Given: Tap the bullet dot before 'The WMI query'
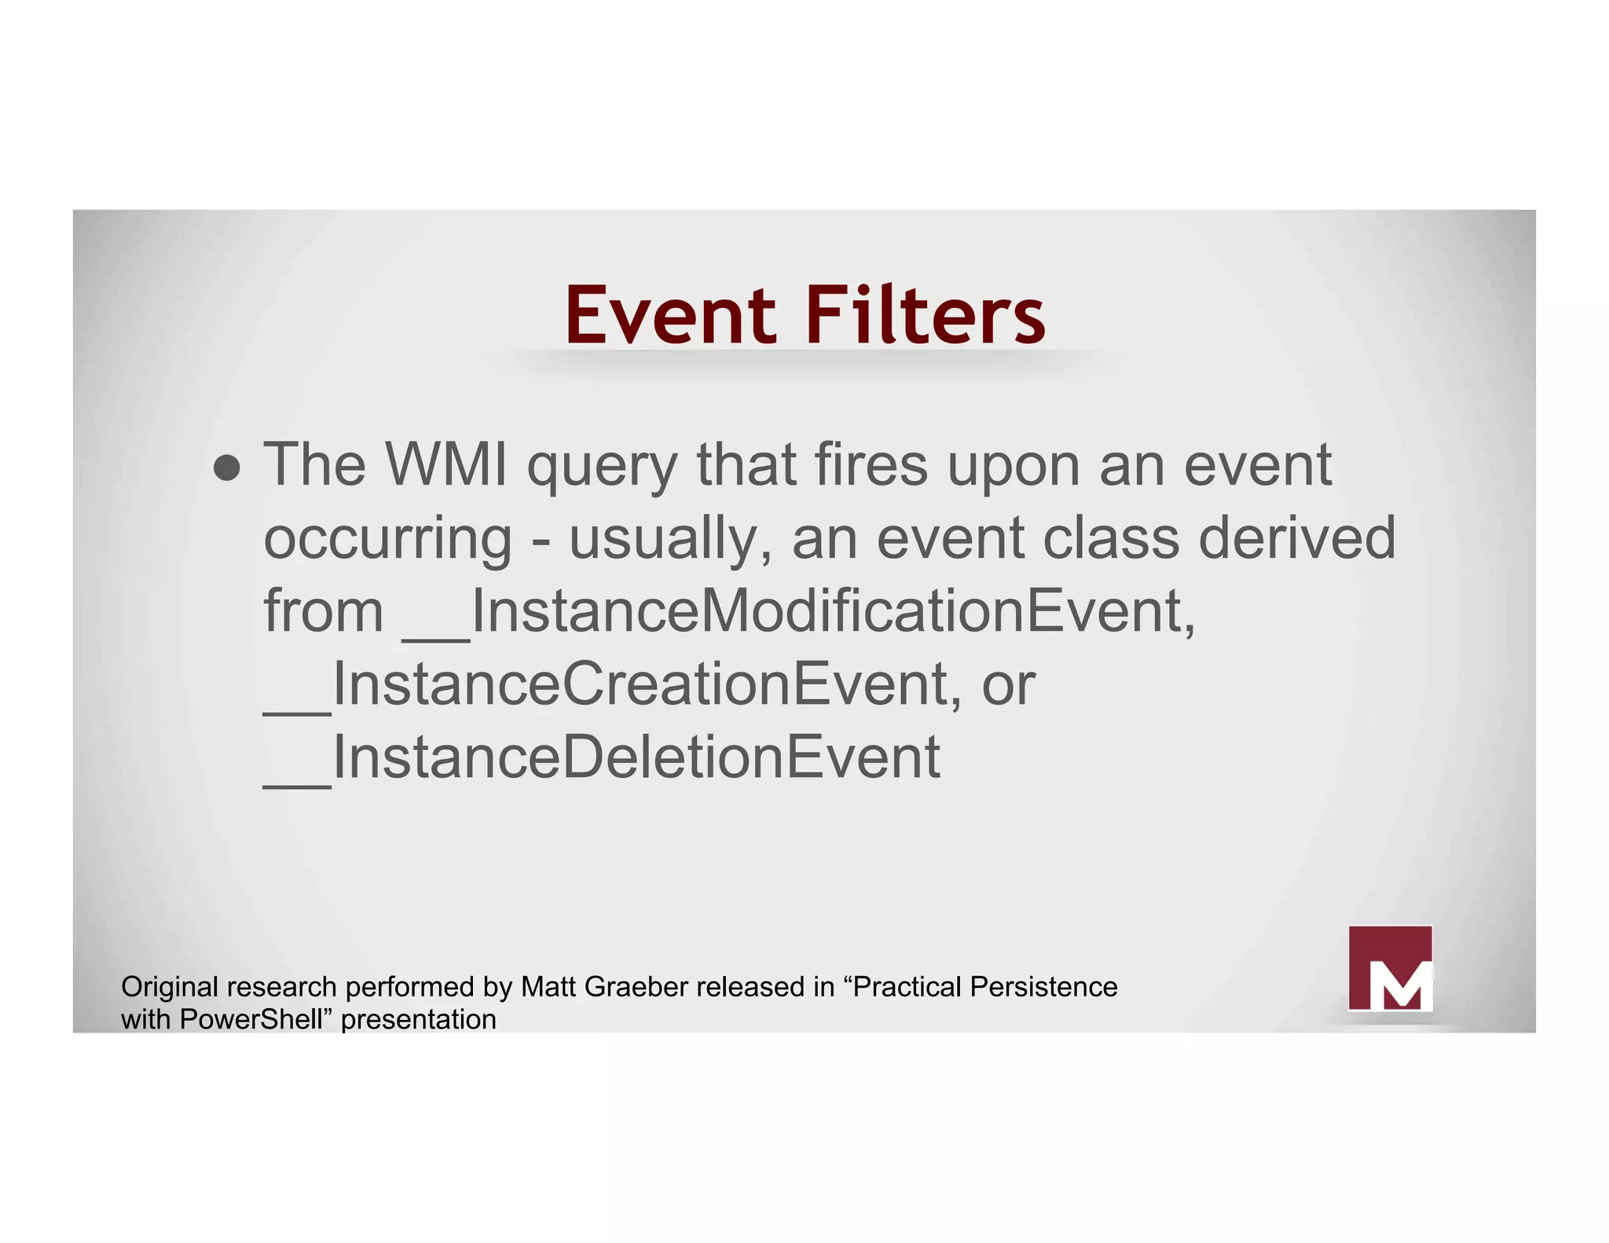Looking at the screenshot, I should [227, 467].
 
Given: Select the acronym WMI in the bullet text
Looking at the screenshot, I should [446, 464].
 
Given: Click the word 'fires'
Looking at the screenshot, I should [870, 464].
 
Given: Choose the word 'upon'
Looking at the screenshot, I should [1013, 467].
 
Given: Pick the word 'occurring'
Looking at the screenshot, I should [387, 540].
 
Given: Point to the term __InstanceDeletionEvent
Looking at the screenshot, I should [602, 757].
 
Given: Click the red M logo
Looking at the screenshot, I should [1390, 968].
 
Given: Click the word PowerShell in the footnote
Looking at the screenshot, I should [251, 1020].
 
